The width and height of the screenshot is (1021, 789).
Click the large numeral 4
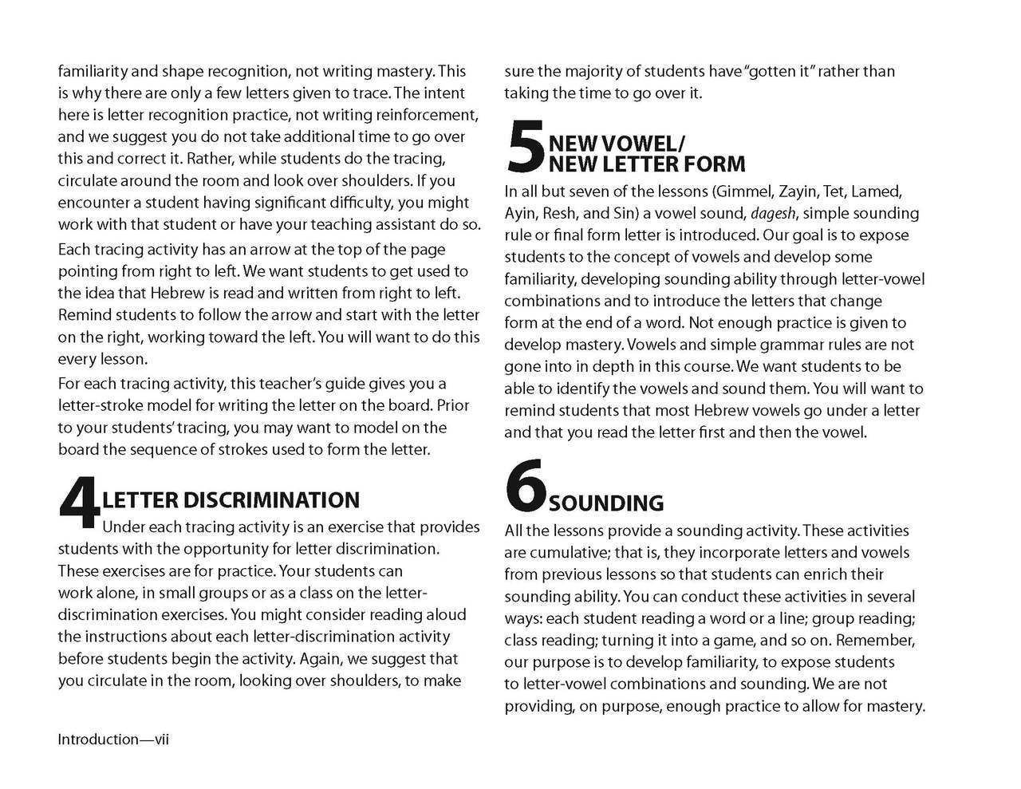pos(80,505)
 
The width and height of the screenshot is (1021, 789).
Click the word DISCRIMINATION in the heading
pos(271,500)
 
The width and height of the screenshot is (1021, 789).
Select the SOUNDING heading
pos(606,503)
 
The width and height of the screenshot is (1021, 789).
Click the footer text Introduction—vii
pos(113,740)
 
